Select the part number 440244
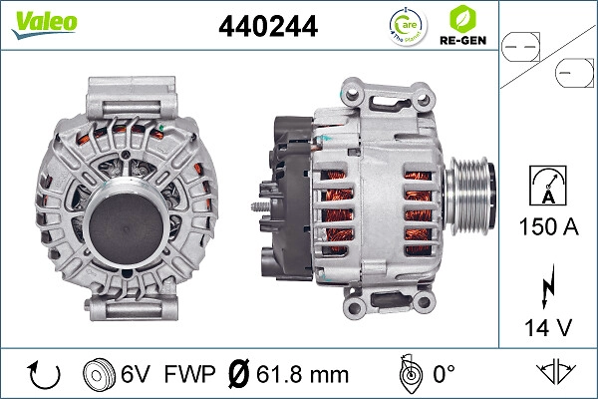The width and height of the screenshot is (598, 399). [267, 27]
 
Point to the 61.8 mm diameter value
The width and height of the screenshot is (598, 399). [300, 375]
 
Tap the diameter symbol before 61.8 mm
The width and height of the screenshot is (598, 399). [239, 375]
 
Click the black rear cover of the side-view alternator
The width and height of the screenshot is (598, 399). [285, 199]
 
